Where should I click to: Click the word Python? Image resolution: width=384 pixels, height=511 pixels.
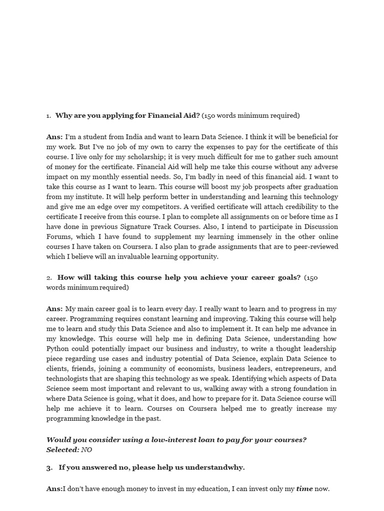click(x=58, y=349)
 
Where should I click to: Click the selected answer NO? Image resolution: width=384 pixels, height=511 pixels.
click(x=86, y=449)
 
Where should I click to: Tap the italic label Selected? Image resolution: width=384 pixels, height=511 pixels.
click(x=62, y=449)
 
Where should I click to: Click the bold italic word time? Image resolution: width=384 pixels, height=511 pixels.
click(x=304, y=489)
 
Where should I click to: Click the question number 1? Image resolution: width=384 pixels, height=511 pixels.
click(x=48, y=116)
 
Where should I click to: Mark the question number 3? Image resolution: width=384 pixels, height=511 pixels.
click(x=49, y=468)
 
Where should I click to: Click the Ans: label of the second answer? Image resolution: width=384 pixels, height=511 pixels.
click(x=54, y=309)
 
